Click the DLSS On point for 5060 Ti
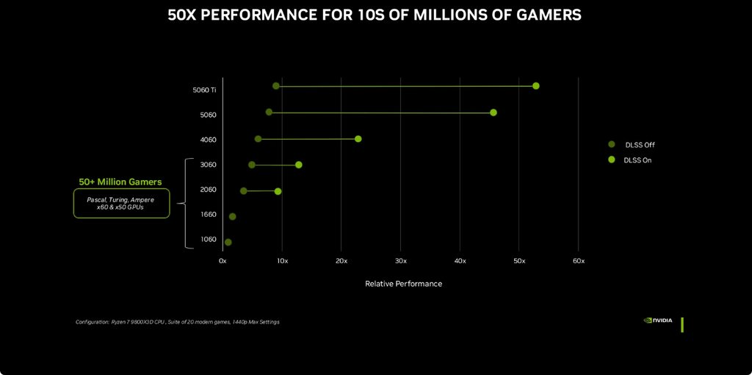click(x=536, y=86)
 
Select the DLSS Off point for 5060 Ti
click(x=276, y=86)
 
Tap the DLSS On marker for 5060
click(x=493, y=113)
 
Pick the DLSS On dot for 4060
click(x=358, y=139)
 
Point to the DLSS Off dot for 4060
click(x=258, y=139)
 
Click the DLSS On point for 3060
click(x=299, y=165)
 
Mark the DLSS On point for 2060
click(x=278, y=191)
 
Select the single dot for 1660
click(x=233, y=217)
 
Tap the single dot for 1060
click(x=228, y=242)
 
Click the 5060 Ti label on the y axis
click(x=204, y=90)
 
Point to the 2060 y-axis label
click(x=208, y=190)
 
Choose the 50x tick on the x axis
click(x=519, y=261)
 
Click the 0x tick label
click(x=223, y=261)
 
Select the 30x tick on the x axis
click(x=400, y=261)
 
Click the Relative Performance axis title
click(x=403, y=284)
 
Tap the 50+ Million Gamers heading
click(x=120, y=182)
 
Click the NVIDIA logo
click(x=659, y=321)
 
